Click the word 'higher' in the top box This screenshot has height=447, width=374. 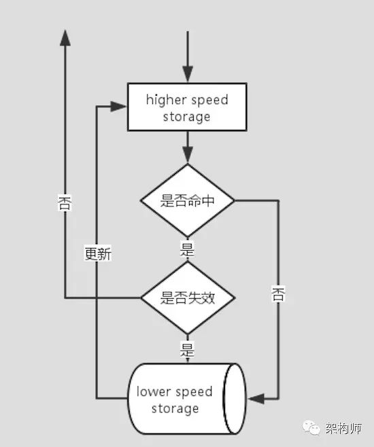[x=166, y=101]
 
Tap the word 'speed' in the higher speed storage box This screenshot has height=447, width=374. [x=209, y=101]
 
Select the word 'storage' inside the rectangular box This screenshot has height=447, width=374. [x=186, y=117]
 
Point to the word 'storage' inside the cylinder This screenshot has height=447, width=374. [x=175, y=409]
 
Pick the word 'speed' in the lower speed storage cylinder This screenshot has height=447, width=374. [x=194, y=392]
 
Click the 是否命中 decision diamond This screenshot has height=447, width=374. [x=188, y=200]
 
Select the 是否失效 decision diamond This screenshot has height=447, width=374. [x=188, y=298]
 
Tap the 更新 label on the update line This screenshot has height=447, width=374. [x=98, y=253]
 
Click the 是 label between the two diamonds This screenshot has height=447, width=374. [x=188, y=249]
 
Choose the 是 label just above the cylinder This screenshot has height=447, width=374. [x=188, y=348]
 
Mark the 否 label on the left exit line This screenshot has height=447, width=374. [x=65, y=202]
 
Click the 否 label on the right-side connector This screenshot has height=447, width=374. [x=278, y=294]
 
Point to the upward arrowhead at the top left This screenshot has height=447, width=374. [x=65, y=38]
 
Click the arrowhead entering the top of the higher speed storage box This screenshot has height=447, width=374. [x=188, y=75]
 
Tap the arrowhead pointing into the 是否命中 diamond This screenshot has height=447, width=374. [x=188, y=155]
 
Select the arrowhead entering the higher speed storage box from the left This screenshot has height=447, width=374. [x=118, y=107]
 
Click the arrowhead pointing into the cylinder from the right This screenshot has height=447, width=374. [x=256, y=399]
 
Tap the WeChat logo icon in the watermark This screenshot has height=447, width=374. [x=311, y=427]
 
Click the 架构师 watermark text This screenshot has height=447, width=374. [x=344, y=428]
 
